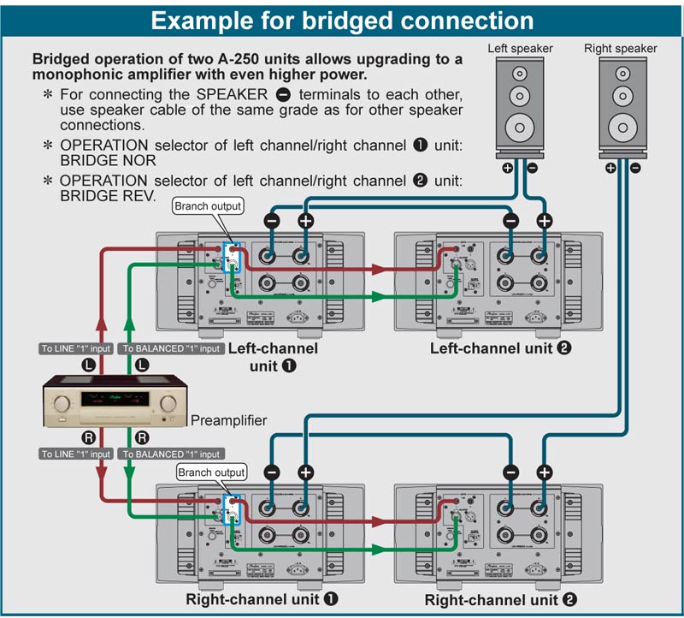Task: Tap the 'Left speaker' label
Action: [x=520, y=49]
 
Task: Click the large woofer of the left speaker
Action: [x=520, y=128]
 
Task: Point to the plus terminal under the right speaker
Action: [x=610, y=168]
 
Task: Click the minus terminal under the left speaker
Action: [x=532, y=168]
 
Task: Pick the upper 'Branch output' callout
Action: [x=208, y=206]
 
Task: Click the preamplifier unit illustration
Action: [x=115, y=401]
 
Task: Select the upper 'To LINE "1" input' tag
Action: [x=76, y=348]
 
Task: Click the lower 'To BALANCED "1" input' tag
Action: [x=171, y=454]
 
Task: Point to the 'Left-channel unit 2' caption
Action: [x=500, y=348]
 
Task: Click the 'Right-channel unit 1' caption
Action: [x=261, y=600]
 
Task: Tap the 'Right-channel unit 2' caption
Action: [x=498, y=600]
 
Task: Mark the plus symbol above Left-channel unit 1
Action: [x=305, y=221]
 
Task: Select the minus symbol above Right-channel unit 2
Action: [x=510, y=472]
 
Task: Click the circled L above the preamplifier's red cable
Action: [x=100, y=364]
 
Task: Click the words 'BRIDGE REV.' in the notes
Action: [x=108, y=195]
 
